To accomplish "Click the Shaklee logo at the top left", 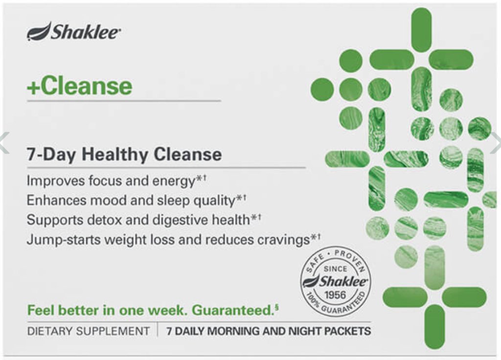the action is pos(74,31).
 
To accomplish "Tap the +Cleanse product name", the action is pos(80,86).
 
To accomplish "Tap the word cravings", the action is pos(283,240).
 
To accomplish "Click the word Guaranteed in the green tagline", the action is pos(232,310).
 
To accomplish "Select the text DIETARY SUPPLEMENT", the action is pos(89,331).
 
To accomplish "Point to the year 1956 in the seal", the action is pos(335,295).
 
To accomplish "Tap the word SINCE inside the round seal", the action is pos(335,269).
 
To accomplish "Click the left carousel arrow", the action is pos(4,142).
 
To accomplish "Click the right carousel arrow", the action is pos(496,142).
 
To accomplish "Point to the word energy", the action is pos(174,181).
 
